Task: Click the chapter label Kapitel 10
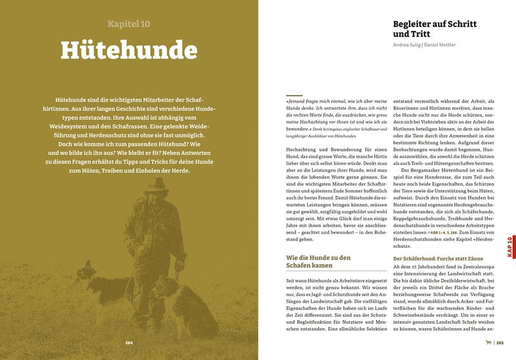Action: [128, 24]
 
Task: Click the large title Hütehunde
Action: [128, 52]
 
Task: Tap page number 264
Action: [128, 343]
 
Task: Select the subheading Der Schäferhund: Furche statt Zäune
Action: [435, 259]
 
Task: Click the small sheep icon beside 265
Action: [488, 343]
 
